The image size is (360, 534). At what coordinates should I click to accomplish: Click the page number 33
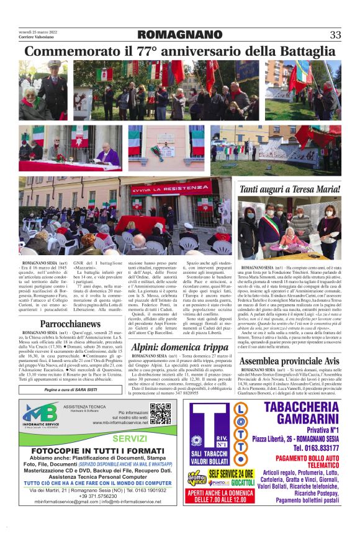335,35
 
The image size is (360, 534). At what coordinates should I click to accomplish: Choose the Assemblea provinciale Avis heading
289,361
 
